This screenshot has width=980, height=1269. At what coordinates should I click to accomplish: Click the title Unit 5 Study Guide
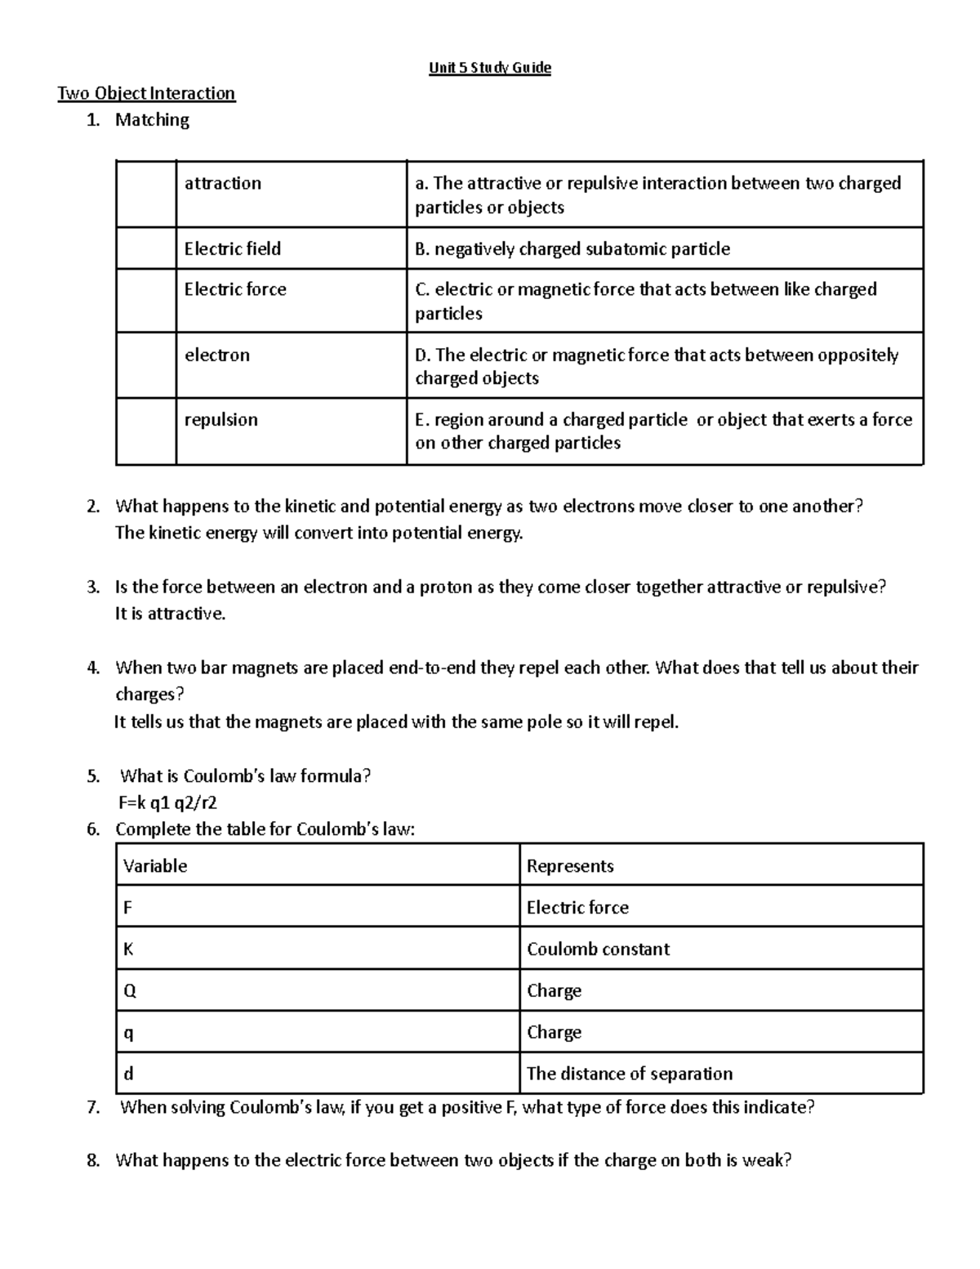(x=490, y=68)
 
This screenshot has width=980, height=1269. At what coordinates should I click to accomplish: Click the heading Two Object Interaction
(x=146, y=93)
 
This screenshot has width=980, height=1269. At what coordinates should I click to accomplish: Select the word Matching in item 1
(x=152, y=120)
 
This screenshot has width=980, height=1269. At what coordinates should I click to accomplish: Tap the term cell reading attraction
(x=223, y=183)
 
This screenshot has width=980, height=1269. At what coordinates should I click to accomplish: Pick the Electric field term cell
(x=233, y=248)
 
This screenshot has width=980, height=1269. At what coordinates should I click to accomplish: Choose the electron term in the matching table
(x=217, y=355)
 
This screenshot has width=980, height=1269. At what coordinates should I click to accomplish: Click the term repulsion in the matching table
(x=221, y=419)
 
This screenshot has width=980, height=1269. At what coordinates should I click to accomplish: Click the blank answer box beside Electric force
(x=146, y=300)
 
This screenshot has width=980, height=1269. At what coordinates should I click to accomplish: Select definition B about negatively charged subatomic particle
(x=572, y=248)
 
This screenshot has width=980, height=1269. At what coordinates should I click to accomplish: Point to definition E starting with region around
(x=663, y=431)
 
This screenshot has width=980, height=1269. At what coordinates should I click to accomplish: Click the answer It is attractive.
(x=170, y=614)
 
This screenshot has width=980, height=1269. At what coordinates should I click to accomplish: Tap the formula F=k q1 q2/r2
(x=167, y=802)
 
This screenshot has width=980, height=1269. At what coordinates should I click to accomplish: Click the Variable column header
(x=155, y=865)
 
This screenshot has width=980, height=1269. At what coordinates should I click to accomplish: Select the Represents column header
(x=570, y=865)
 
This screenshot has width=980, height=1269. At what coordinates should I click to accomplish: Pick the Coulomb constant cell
(x=598, y=949)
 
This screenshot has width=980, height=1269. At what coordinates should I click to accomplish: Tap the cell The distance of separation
(x=630, y=1073)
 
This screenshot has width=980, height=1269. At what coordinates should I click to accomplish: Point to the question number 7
(x=93, y=1108)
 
